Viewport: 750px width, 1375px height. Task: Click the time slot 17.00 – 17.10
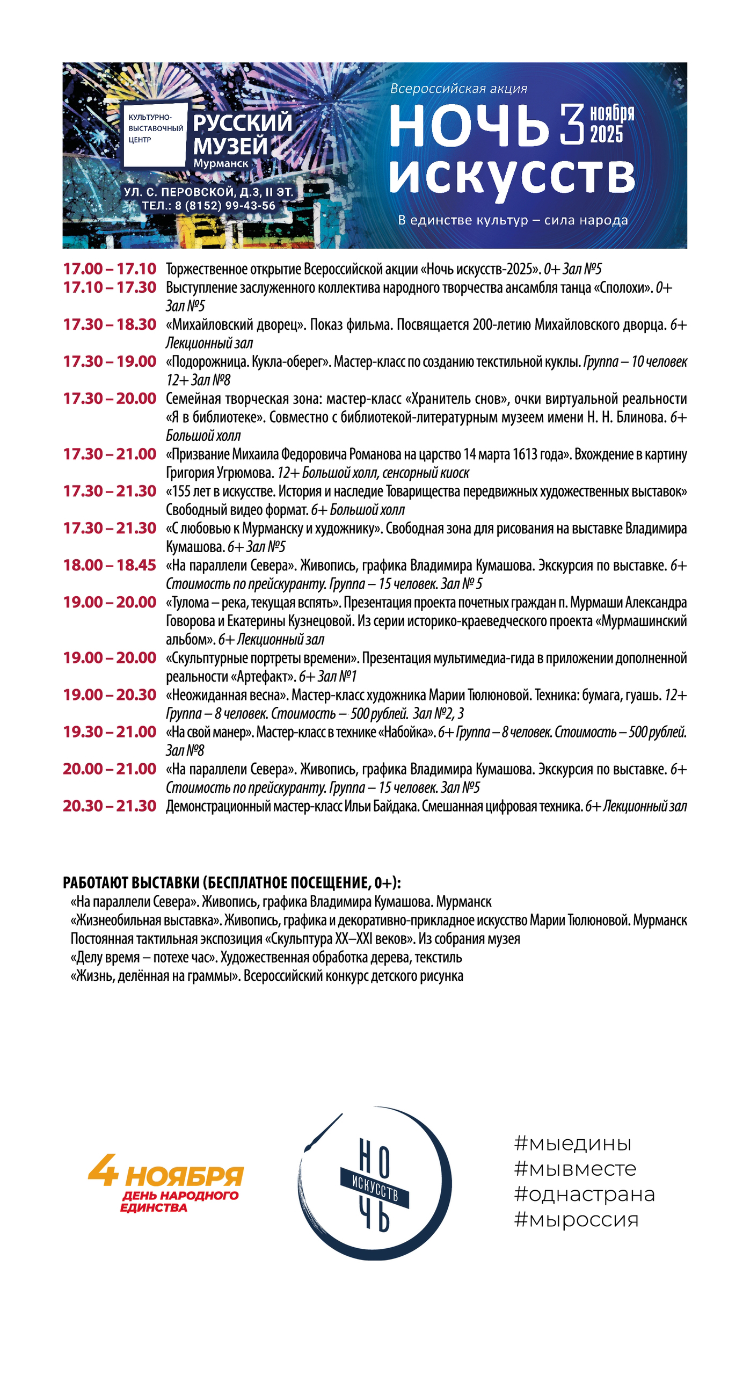110,269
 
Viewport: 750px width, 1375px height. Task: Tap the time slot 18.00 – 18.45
110,565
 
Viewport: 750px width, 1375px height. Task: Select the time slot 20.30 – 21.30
110,806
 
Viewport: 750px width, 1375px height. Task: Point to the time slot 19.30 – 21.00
110,732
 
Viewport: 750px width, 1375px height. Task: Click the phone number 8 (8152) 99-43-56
225,206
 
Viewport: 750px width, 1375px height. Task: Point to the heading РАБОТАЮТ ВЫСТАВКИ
232,883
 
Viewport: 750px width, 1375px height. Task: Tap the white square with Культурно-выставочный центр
155,134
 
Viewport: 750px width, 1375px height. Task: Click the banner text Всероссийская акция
458,89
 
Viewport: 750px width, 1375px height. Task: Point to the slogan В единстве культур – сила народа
513,220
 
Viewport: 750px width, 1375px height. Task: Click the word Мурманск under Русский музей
221,163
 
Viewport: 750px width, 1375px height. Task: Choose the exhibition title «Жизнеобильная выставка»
145,920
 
